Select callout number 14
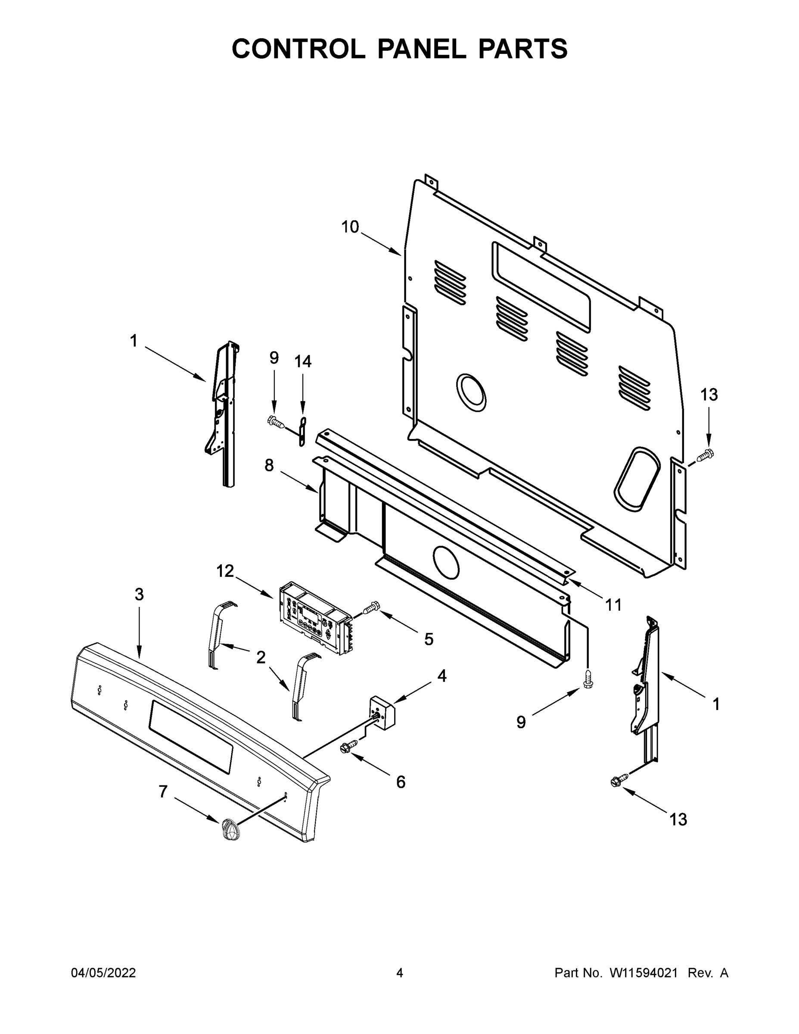tap(303, 362)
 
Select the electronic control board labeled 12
tap(315, 617)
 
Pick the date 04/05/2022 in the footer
tap(103, 973)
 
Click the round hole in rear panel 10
tap(471, 392)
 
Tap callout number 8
tap(269, 466)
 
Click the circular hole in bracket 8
tap(446, 562)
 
